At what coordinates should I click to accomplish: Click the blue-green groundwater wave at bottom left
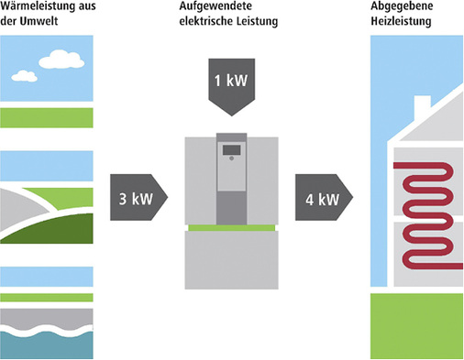click(x=46, y=343)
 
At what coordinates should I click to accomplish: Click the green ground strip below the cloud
click(x=46, y=117)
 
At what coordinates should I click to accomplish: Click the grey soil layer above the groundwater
click(x=46, y=316)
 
